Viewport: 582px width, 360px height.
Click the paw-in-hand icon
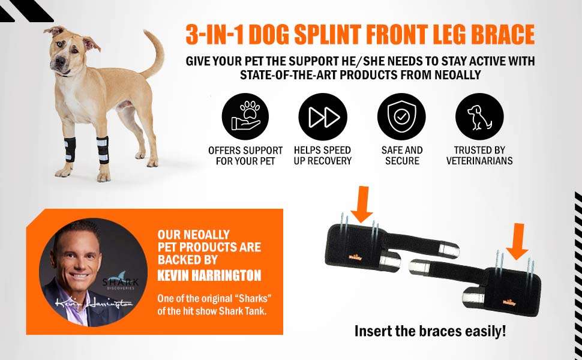pyautogui.click(x=245, y=116)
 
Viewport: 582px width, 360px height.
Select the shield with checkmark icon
pyautogui.click(x=401, y=116)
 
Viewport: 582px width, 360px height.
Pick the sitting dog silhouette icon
pyautogui.click(x=479, y=116)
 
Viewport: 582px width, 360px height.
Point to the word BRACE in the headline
pyautogui.click(x=503, y=35)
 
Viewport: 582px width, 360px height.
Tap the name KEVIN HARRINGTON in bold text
pyautogui.click(x=209, y=275)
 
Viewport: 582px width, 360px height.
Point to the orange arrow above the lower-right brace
pyautogui.click(x=517, y=241)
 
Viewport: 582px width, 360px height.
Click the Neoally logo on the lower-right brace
pyautogui.click(x=509, y=302)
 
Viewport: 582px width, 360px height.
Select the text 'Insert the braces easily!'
pyautogui.click(x=430, y=331)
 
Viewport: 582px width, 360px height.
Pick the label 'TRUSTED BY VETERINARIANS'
pyautogui.click(x=479, y=155)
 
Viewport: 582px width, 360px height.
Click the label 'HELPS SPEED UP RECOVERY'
pyautogui.click(x=323, y=155)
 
